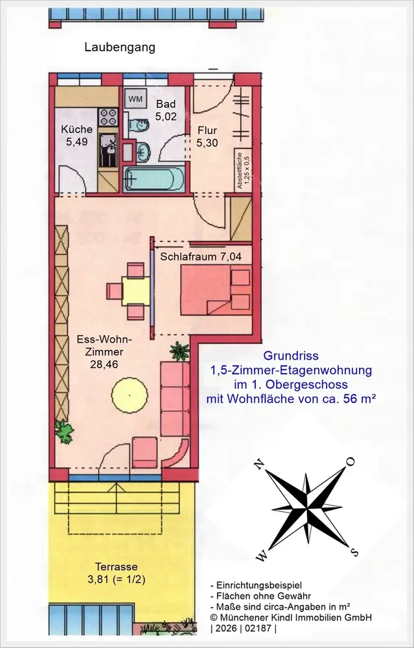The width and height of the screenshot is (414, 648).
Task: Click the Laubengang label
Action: tap(120, 47)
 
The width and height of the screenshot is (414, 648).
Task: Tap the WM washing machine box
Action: tap(135, 99)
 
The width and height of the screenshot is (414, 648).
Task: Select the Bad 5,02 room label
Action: tap(166, 110)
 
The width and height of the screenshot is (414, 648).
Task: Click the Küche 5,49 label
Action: tap(77, 135)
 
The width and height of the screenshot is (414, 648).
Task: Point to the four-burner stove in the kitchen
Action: tap(108, 117)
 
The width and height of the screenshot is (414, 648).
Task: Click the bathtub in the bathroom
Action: tap(154, 179)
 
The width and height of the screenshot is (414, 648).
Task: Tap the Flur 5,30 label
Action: tap(207, 137)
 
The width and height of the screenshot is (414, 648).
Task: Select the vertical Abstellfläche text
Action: tap(242, 170)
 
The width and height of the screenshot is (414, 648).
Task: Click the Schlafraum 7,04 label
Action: tap(201, 257)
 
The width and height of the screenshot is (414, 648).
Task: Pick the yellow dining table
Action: tap(136, 291)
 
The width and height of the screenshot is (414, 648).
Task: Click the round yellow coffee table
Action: tap(130, 395)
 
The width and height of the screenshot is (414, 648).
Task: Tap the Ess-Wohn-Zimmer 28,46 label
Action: tap(104, 352)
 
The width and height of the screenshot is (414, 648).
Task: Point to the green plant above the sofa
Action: tap(179, 351)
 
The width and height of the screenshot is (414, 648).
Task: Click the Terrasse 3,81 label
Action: tap(116, 573)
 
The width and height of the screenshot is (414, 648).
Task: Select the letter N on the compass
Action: tap(259, 465)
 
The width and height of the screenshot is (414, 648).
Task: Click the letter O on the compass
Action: tap(351, 461)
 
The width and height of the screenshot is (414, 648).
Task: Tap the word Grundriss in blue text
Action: tap(291, 356)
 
